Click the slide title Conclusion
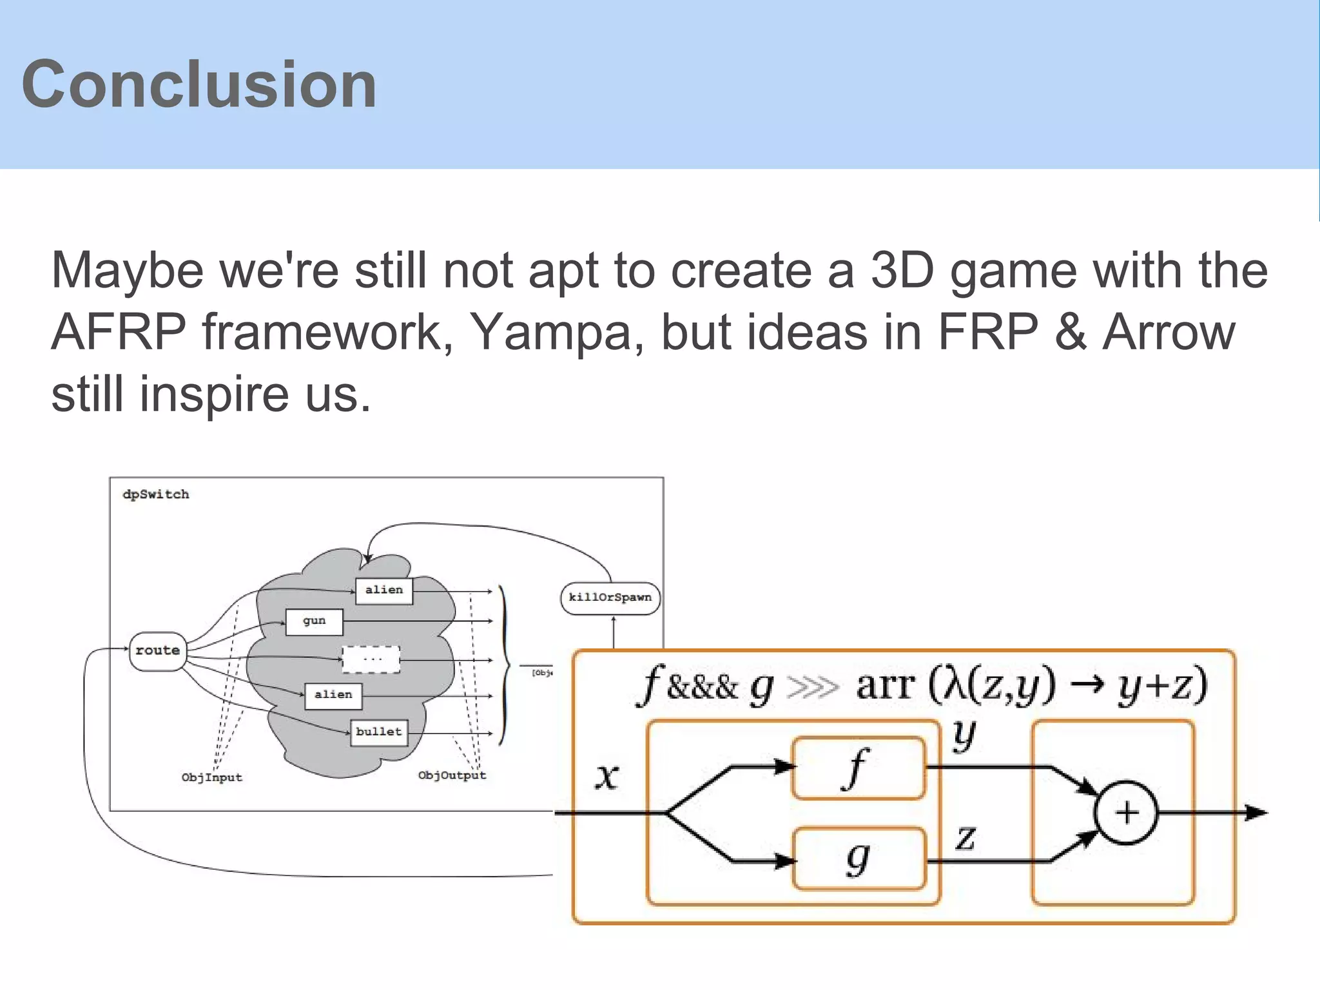point(199,84)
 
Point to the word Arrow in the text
point(1169,333)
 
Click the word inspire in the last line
point(214,394)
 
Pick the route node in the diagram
point(158,651)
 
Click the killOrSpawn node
point(610,597)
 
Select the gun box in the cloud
point(314,621)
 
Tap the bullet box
point(379,732)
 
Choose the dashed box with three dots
point(371,659)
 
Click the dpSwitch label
point(156,494)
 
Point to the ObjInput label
point(212,777)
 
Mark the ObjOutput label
point(452,775)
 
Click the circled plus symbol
point(1127,813)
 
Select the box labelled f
point(859,768)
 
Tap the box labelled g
point(859,860)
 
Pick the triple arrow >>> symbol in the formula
point(813,688)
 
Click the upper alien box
point(384,590)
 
